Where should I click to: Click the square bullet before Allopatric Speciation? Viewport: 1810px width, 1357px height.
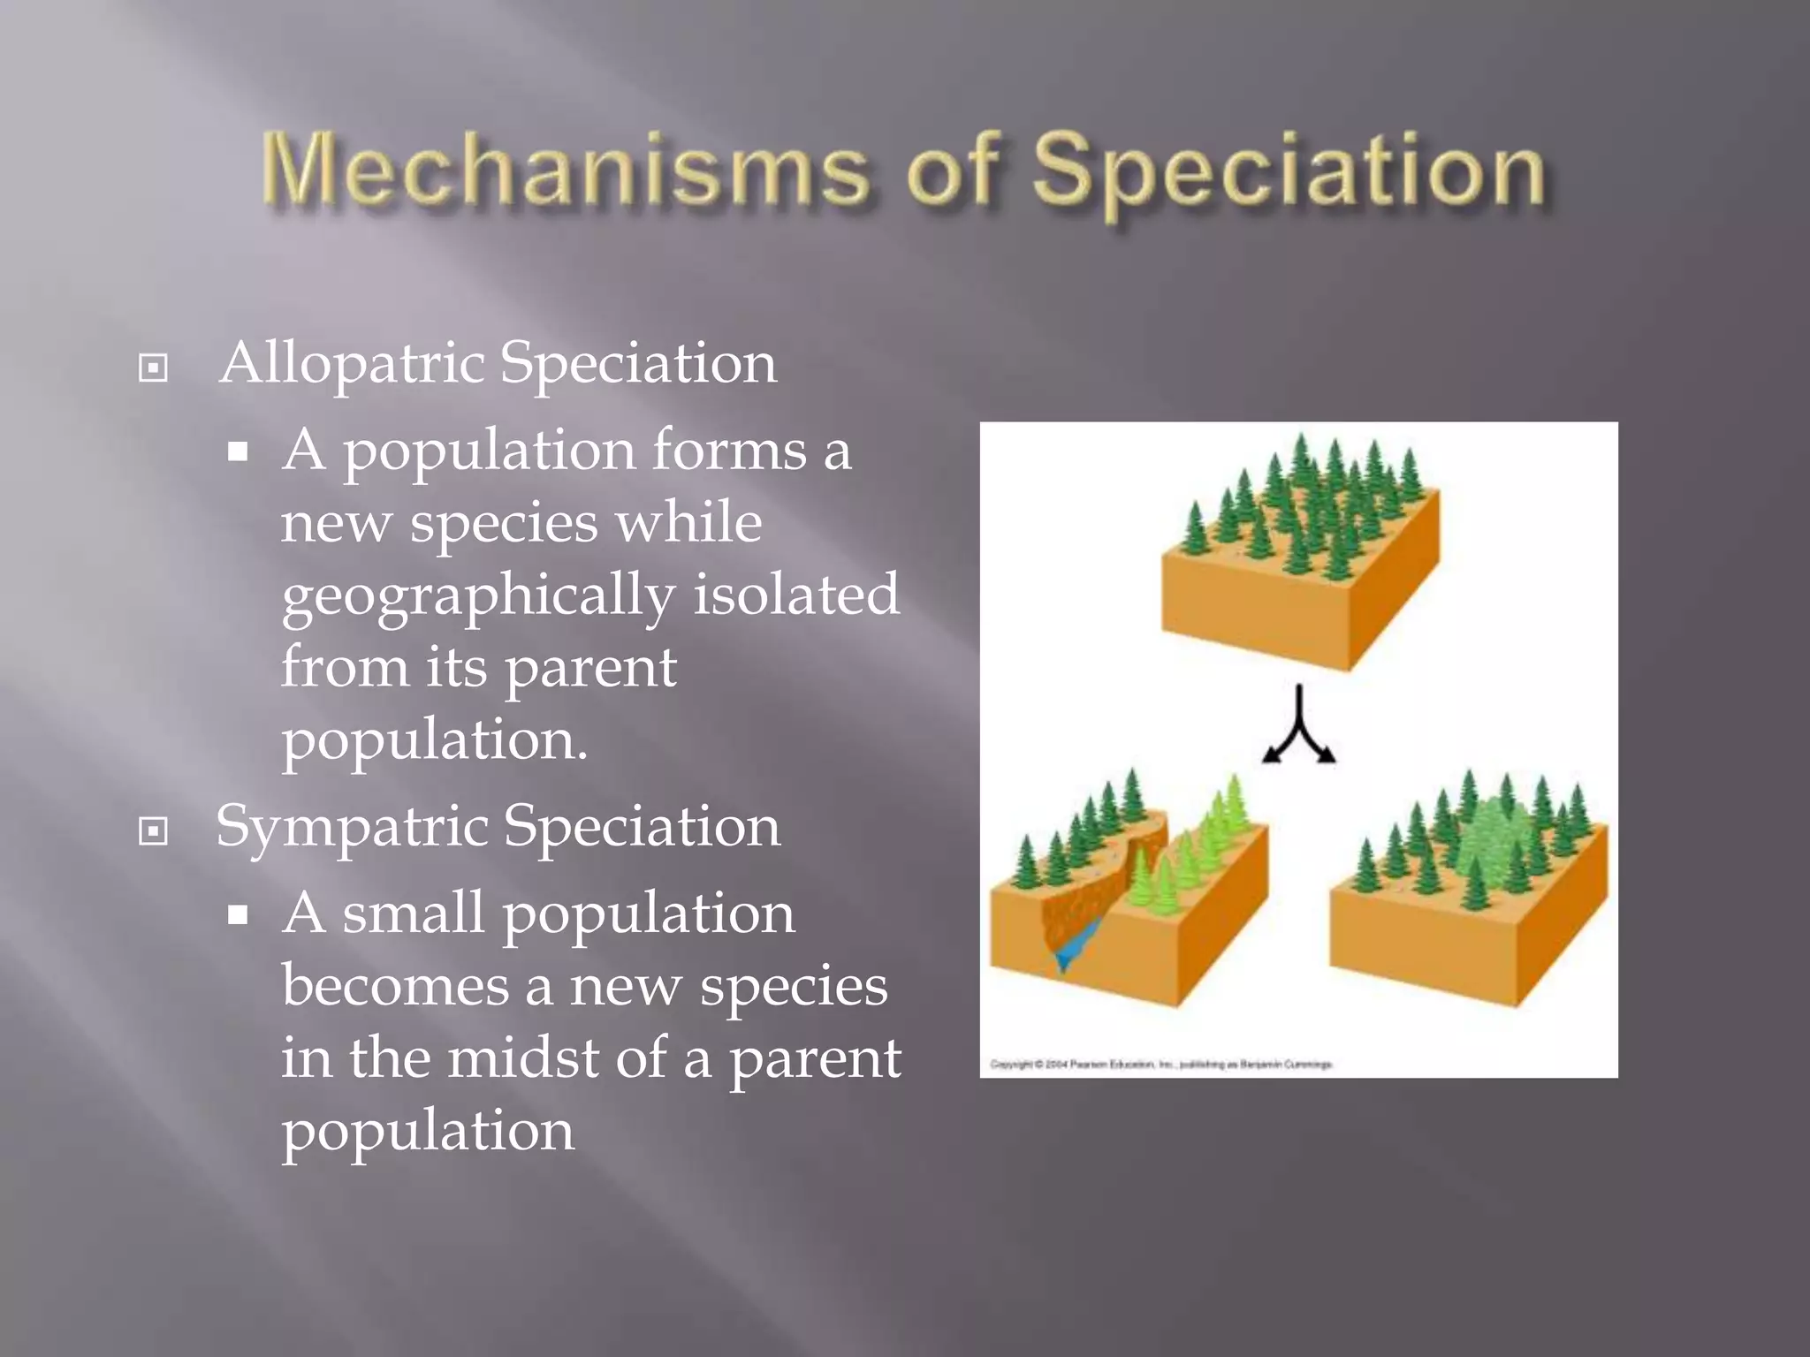pos(154,368)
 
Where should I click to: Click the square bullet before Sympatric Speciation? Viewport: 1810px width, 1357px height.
pos(154,831)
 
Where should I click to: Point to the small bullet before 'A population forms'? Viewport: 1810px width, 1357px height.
pos(237,453)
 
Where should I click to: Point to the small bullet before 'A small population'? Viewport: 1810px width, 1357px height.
pos(237,916)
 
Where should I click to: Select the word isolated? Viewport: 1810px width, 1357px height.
pos(795,594)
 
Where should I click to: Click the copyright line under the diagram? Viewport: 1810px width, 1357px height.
pos(1160,1065)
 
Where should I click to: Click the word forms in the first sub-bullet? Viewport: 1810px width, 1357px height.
pos(729,450)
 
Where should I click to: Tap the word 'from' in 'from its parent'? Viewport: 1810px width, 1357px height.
pos(345,667)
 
